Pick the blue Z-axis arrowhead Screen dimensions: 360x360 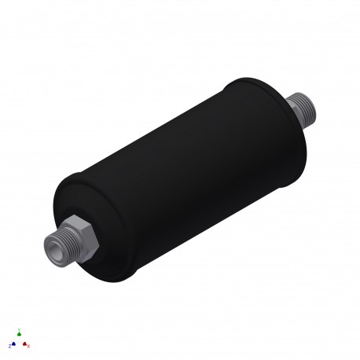(14, 343)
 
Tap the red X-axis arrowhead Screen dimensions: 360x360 (25, 343)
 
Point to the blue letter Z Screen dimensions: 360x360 (9, 345)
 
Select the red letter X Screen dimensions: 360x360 (30, 346)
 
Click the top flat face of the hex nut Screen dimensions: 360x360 (78, 222)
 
